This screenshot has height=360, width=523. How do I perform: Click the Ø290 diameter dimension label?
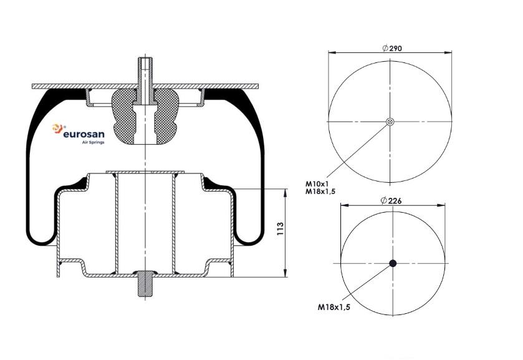(x=392, y=48)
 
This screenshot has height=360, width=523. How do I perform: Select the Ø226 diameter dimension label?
(x=391, y=200)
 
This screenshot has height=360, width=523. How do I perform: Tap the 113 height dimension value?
(x=280, y=229)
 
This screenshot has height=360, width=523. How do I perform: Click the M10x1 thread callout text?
(x=317, y=183)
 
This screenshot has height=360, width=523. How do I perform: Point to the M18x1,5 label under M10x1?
(x=320, y=192)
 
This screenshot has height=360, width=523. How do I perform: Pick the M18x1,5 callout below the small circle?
(x=334, y=307)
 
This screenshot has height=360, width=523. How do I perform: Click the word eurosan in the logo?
(x=84, y=134)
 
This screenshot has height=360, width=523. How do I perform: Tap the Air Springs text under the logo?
(x=94, y=142)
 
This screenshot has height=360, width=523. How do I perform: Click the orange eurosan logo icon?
(x=57, y=129)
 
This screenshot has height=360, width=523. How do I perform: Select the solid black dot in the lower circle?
(x=393, y=263)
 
